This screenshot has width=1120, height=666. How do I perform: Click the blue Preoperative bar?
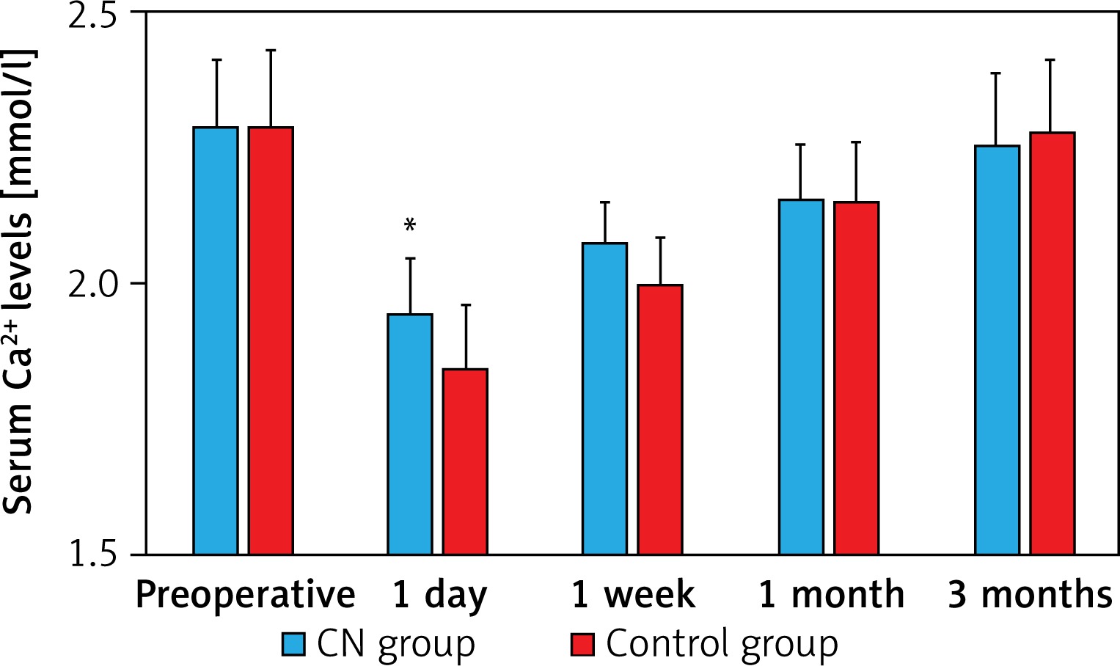[x=216, y=340]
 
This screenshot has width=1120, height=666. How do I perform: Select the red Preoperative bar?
[x=271, y=340]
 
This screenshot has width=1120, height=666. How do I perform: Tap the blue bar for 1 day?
[x=410, y=433]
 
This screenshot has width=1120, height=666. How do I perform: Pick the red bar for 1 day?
[x=465, y=461]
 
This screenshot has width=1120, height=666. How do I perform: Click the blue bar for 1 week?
[x=605, y=398]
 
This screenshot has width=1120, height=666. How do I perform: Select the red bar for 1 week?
[x=660, y=419]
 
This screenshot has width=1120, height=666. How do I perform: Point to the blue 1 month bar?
[x=801, y=376]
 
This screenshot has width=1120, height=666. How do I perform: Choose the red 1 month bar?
[x=856, y=378]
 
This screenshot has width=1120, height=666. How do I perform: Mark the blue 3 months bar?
[x=997, y=350]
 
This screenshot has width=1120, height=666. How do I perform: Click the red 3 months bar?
[x=1052, y=343]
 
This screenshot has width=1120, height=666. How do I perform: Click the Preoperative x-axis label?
[x=245, y=595]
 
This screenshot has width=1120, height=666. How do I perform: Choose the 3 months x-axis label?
[x=1030, y=594]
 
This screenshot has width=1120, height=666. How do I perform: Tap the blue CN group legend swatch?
[x=293, y=645]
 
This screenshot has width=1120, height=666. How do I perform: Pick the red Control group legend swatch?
[x=582, y=645]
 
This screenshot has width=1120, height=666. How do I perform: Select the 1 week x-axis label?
[x=633, y=594]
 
